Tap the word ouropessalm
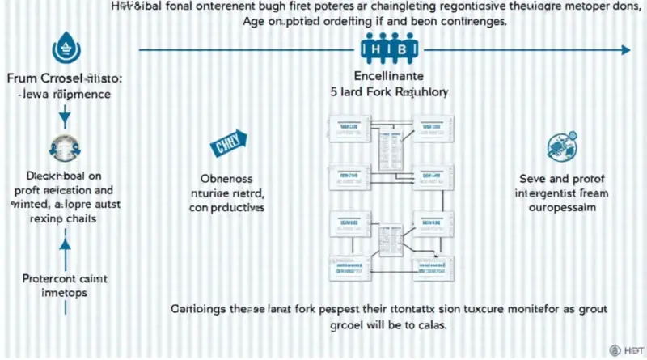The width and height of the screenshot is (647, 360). (563, 208)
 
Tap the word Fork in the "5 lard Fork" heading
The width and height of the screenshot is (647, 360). (378, 92)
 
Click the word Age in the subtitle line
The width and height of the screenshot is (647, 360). (257, 23)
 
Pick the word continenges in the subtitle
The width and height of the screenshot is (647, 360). (465, 23)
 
